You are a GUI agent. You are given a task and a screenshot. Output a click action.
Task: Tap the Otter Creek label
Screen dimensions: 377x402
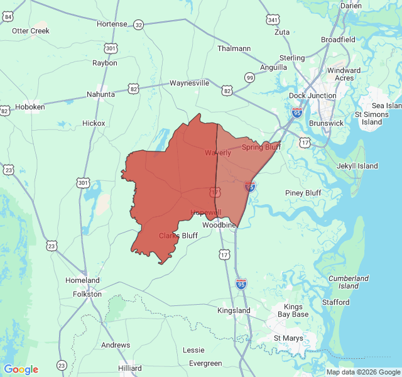[x=31, y=31]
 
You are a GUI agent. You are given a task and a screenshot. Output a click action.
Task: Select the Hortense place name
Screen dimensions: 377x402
[x=112, y=24]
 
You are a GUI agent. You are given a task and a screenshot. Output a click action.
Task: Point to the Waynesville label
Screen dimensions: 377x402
[x=189, y=83]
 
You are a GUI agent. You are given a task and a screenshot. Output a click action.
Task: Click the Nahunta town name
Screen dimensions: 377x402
[x=100, y=94]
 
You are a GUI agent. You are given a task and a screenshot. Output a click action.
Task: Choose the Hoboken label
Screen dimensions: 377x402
[x=30, y=107]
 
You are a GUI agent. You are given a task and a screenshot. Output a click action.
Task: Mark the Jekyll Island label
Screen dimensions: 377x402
[x=357, y=166]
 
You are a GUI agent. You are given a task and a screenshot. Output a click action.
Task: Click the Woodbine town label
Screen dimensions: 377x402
[x=219, y=224]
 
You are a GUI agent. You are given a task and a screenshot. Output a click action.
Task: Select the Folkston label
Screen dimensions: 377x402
[x=87, y=293]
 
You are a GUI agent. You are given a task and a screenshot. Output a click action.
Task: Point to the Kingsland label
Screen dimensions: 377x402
[x=234, y=310]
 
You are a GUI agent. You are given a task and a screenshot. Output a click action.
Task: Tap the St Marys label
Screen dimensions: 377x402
[x=288, y=338]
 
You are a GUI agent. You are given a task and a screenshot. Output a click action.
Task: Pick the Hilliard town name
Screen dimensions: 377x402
[x=130, y=368]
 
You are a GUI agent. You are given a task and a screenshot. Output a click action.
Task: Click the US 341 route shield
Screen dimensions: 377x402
[x=272, y=20]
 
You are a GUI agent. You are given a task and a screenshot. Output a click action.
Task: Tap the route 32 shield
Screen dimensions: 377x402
[x=138, y=25]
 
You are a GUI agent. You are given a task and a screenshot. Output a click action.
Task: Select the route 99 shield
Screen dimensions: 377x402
[x=250, y=77]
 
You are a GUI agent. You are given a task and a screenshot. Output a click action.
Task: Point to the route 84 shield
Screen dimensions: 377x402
[x=8, y=17]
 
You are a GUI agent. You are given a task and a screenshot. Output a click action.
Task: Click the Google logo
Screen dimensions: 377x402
[x=21, y=369]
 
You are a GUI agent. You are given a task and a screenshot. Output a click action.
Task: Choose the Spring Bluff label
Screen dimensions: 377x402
[x=261, y=147]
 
